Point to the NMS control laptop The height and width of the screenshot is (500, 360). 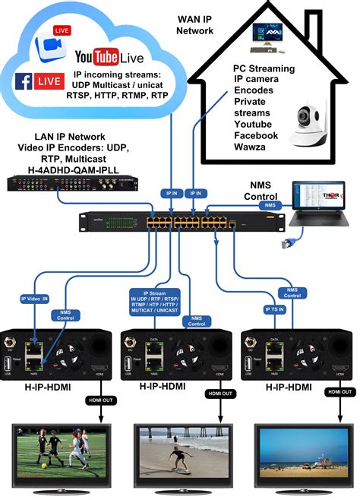(x=319, y=206)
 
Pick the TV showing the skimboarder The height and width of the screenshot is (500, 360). (x=179, y=458)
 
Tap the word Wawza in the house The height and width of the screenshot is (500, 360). (x=251, y=147)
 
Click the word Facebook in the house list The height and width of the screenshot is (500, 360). (x=257, y=135)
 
